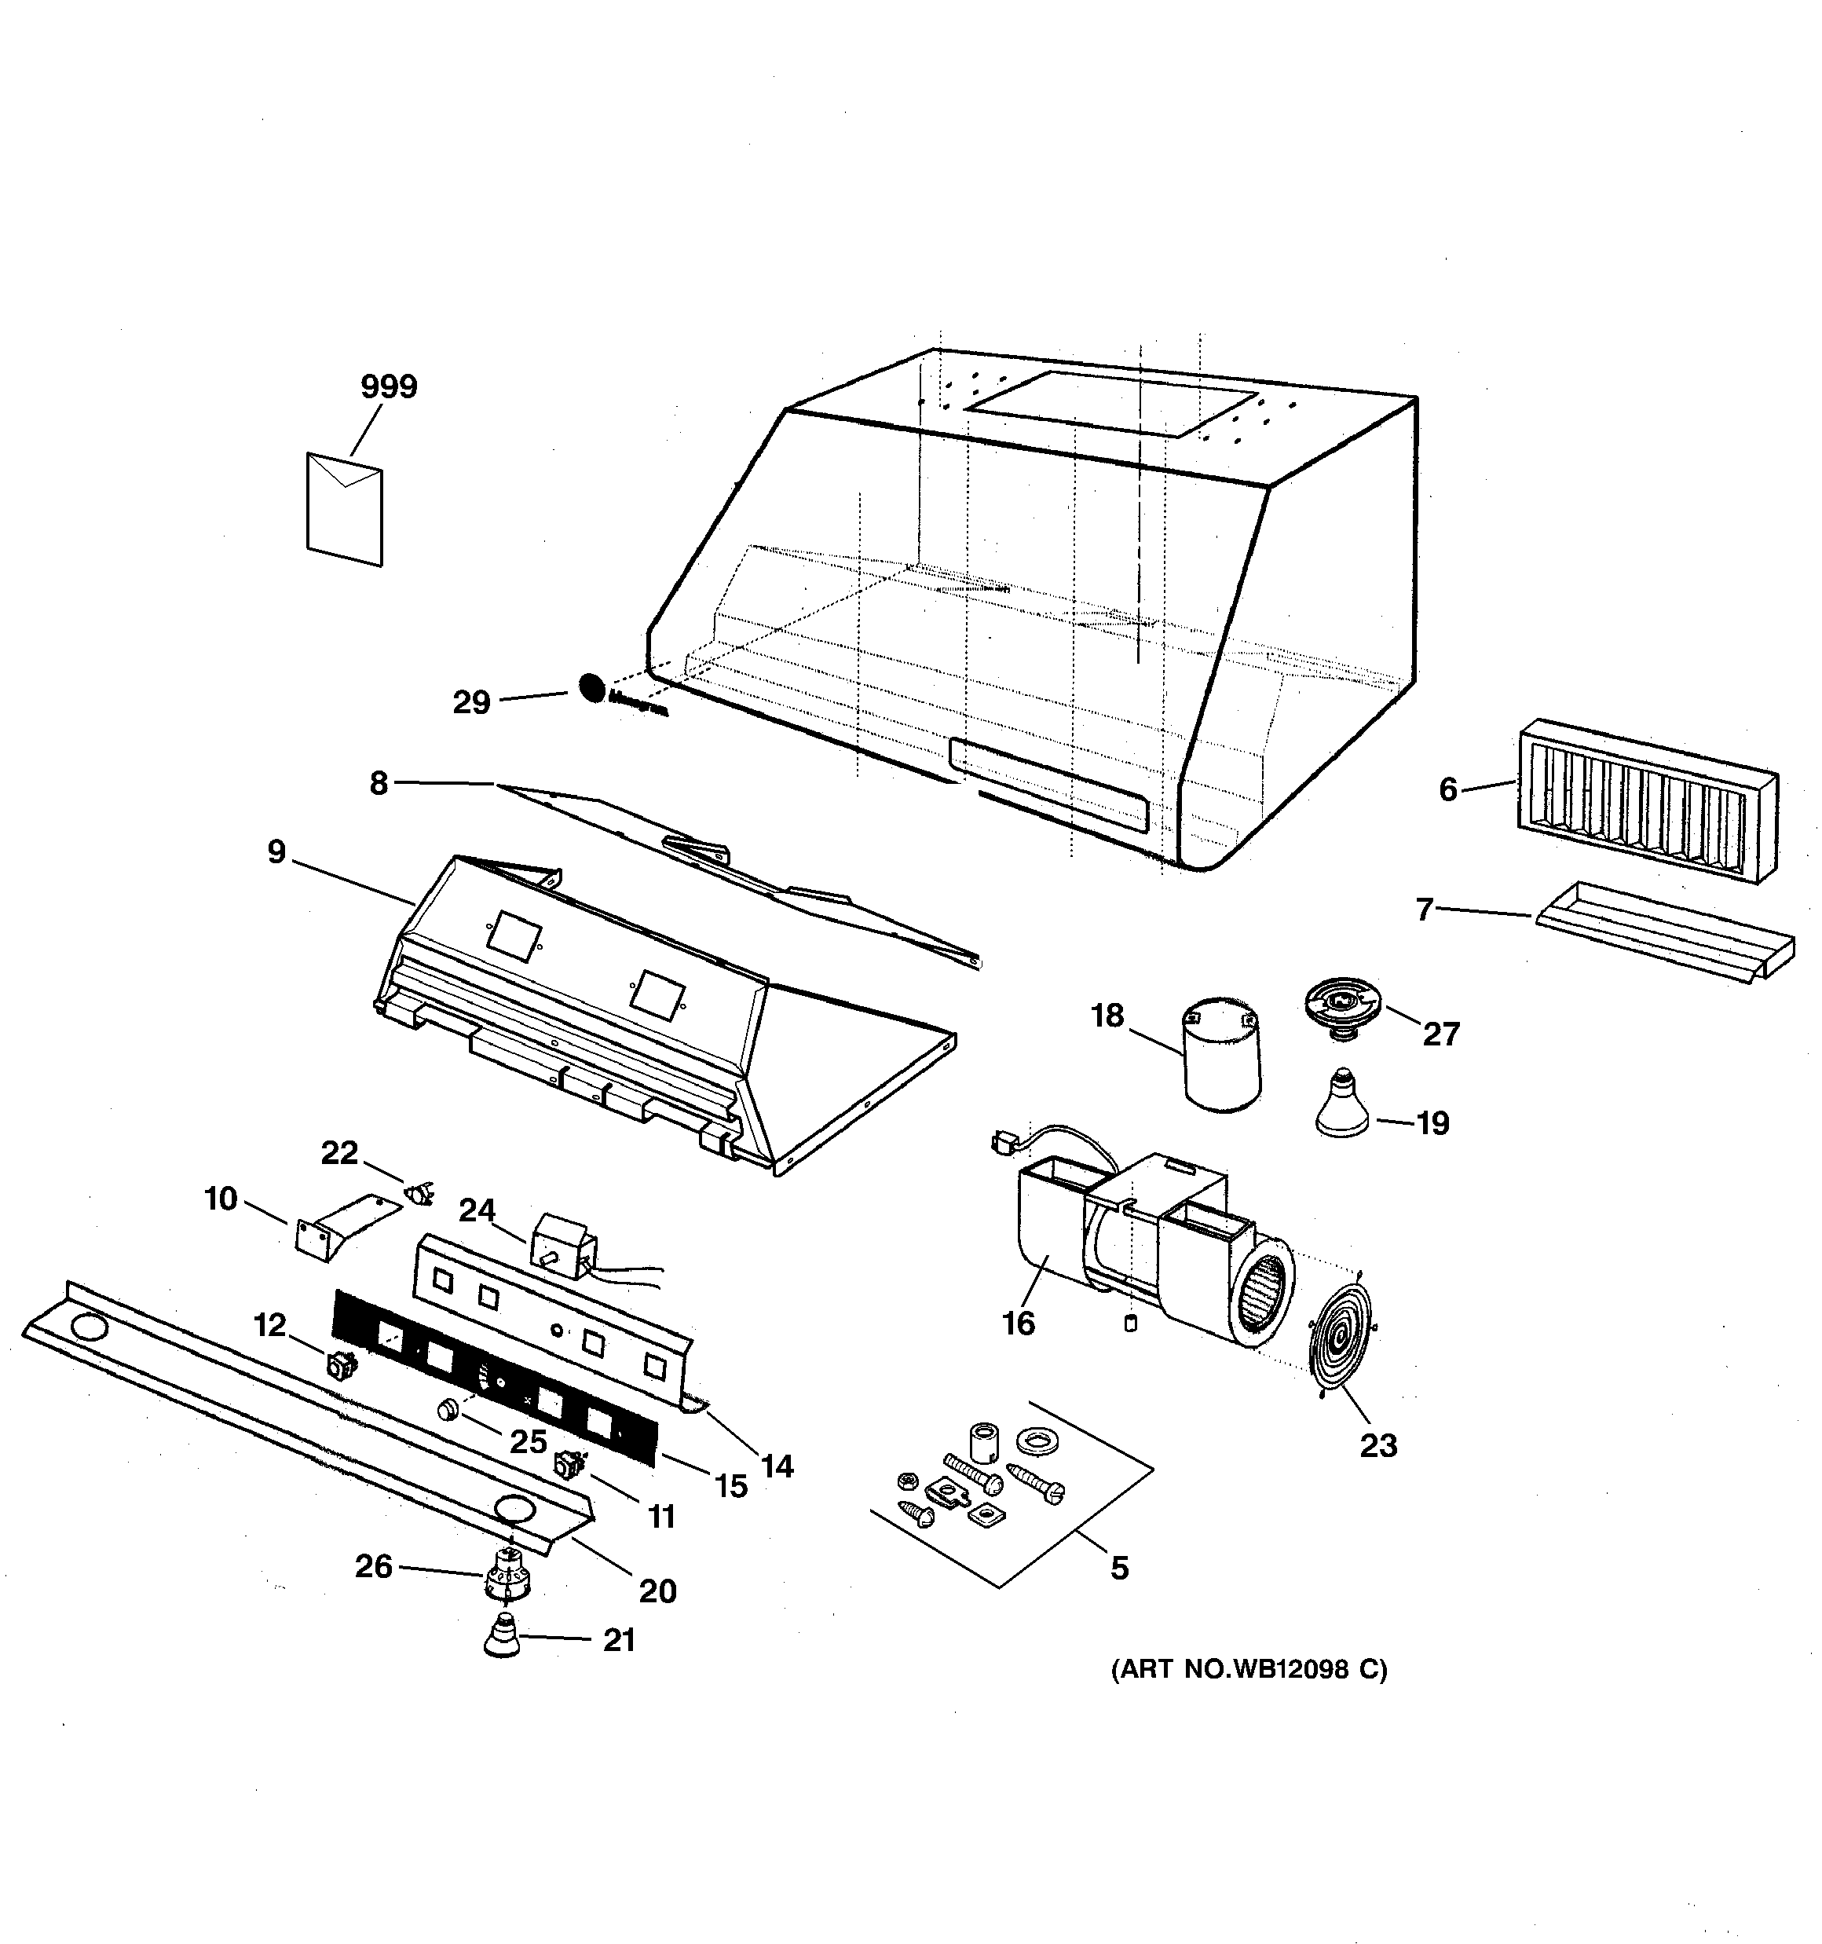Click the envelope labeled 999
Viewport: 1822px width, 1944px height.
coord(344,508)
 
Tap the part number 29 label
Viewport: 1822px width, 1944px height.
coord(471,702)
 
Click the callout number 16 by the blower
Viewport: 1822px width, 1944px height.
coord(1018,1323)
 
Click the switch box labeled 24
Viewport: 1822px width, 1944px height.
coord(562,1245)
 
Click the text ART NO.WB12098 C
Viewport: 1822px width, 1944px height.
coord(1249,1669)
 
